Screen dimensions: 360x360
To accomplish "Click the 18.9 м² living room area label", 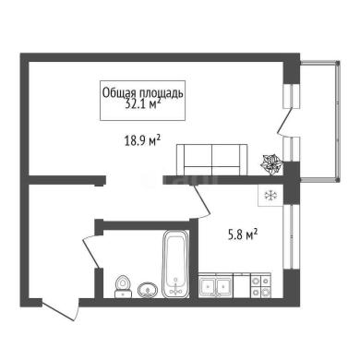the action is pos(142,141).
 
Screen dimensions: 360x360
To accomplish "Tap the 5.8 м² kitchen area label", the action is pos(243,234).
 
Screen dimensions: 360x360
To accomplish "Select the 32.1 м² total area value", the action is pos(143,104).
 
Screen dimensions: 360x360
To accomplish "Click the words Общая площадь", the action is pos(142,92).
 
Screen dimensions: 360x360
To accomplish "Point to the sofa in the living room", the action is pos(212,160).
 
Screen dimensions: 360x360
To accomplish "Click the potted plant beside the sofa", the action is pos(271,164).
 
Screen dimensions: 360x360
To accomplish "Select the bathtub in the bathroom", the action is pos(176,264).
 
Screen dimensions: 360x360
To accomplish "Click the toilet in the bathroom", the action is pos(123,286).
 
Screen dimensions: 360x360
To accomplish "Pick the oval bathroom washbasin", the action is pos(148,290).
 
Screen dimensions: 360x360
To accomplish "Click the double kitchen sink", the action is pos(216,286).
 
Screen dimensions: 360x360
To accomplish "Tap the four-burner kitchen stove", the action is pos(261,286).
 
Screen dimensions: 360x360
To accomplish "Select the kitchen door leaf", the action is pos(202,200).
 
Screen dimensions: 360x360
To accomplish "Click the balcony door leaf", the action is pos(283,121).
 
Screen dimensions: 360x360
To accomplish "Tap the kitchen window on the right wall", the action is pos(291,236).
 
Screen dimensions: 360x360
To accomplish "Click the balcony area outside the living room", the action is pos(319,121).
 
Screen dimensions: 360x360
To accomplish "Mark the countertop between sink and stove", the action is pos(242,286).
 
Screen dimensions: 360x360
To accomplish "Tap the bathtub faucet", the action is pos(175,287).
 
